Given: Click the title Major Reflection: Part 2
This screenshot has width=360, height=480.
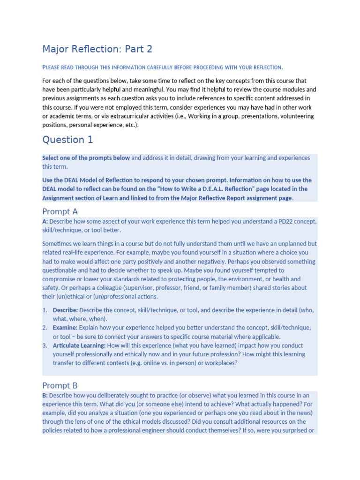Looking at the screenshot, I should click(97, 49).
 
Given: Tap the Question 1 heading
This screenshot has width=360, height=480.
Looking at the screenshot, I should click(67, 139).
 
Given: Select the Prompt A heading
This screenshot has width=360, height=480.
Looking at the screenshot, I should click(60, 211).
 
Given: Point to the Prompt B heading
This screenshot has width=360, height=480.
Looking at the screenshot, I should click(60, 385).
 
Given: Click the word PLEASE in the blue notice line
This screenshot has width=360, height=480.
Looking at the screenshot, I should click(52, 67).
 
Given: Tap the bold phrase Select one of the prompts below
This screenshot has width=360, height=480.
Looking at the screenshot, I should click(86, 158).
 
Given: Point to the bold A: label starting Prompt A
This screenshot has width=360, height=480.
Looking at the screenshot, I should click(45, 221).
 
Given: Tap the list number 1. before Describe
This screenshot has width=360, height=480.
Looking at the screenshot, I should click(45, 310).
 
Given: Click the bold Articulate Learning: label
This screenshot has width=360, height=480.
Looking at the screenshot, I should click(79, 345).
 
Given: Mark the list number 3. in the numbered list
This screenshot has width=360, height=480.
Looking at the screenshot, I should click(45, 345).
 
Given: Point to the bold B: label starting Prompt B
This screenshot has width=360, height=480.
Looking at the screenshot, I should click(45, 395).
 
